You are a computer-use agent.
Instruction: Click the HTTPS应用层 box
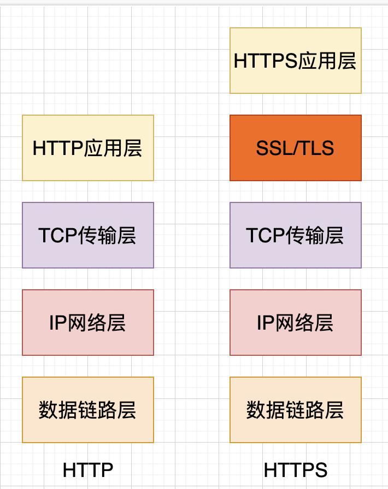coord(296,61)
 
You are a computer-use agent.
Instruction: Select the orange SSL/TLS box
coord(296,148)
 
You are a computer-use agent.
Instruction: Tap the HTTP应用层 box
coord(88,148)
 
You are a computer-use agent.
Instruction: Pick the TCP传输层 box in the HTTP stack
coord(88,235)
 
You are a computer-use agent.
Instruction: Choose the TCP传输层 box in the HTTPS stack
coord(296,235)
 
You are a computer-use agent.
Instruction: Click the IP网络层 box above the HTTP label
coord(88,323)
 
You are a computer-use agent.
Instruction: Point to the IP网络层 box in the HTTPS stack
coord(296,323)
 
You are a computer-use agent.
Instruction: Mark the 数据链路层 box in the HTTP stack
coord(88,410)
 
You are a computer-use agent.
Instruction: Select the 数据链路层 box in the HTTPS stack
coord(296,410)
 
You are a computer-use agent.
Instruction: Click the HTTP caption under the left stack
coord(88,470)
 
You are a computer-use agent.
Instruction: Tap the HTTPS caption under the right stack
coord(296,470)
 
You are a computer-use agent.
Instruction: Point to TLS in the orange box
coord(316,148)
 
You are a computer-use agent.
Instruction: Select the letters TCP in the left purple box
coord(56,236)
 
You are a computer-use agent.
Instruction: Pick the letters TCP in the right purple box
coord(264,236)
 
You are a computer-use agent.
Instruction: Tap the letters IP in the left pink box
coord(57,323)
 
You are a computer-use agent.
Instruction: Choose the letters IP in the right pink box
coord(265,323)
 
